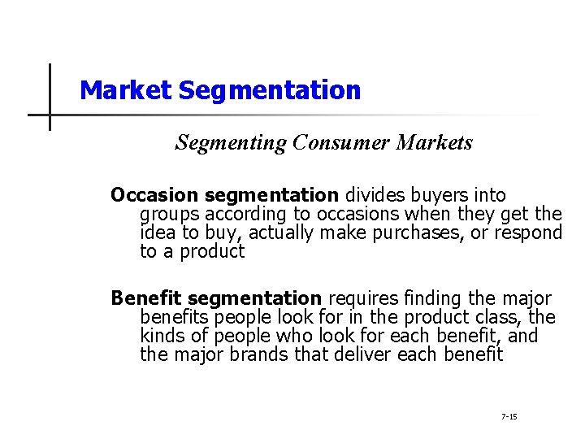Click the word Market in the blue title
pos(126,89)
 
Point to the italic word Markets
pos(435,143)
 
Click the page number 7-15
pos(509,416)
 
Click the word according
pos(247,215)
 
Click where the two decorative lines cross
pos(50,115)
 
